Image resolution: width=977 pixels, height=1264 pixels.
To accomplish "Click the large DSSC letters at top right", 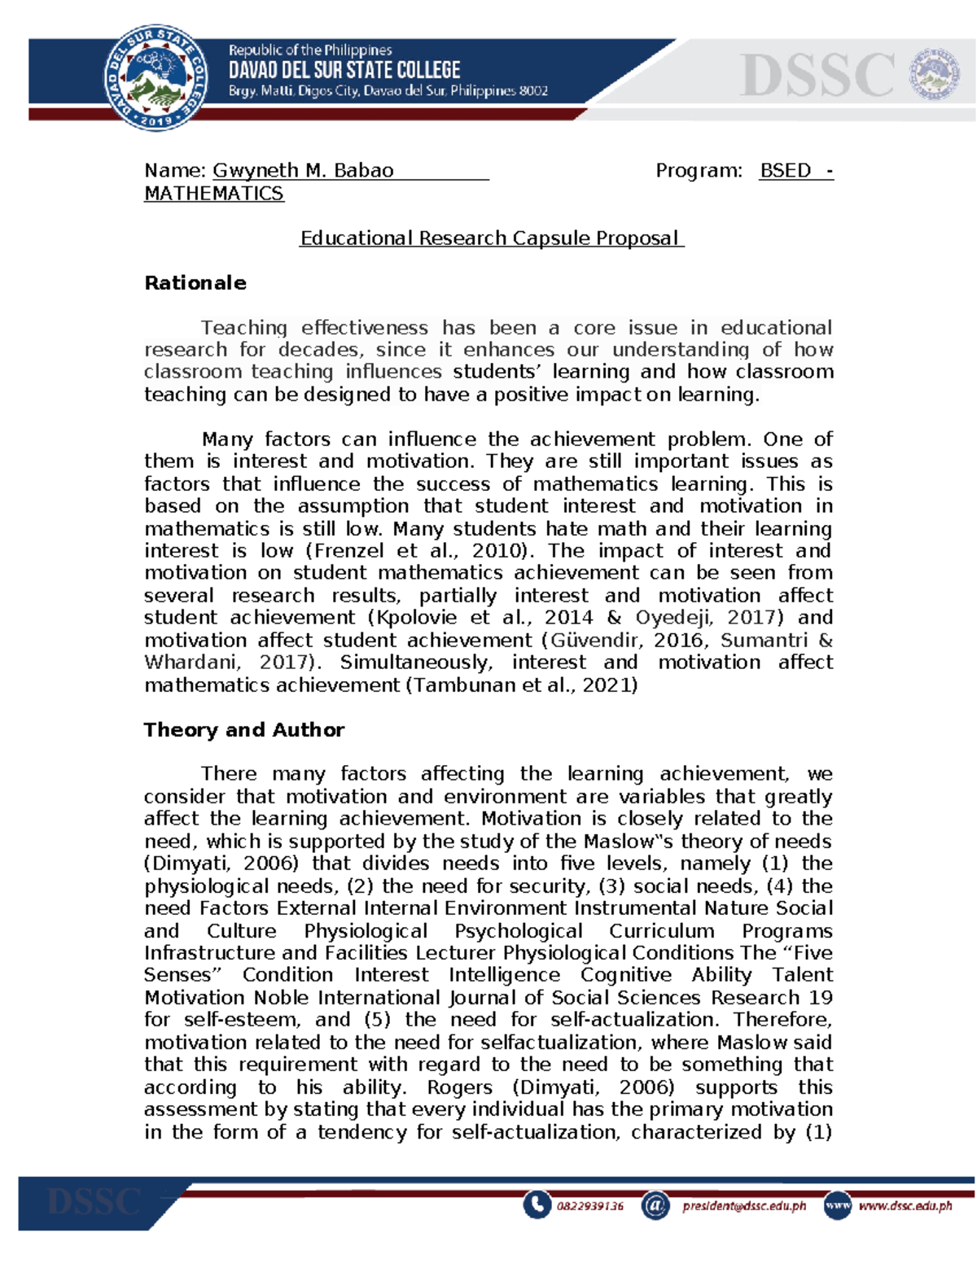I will (817, 76).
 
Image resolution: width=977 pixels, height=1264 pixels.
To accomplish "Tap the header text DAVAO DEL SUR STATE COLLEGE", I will (344, 70).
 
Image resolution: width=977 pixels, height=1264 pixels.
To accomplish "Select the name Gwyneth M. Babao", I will (303, 171).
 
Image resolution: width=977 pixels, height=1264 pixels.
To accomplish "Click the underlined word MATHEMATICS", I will (213, 194).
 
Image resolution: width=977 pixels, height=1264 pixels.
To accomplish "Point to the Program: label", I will (699, 171).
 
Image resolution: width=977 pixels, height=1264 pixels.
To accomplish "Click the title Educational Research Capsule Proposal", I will (491, 238).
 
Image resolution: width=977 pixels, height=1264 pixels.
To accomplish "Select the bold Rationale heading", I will (195, 283).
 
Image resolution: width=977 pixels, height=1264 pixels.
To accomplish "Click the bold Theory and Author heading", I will (243, 730).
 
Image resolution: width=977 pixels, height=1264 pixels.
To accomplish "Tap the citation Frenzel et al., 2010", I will (418, 551).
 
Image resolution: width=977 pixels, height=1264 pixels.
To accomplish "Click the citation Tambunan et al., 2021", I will (521, 685).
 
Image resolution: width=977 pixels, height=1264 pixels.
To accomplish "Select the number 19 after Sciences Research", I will (821, 998).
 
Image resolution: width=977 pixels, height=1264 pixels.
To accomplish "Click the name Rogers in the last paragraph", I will (459, 1087).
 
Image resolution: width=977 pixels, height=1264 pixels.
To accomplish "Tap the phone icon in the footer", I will (537, 1205).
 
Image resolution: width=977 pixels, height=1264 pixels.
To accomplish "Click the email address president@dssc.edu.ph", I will (743, 1206).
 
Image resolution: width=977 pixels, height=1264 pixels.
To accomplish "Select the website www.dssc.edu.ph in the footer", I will (905, 1206).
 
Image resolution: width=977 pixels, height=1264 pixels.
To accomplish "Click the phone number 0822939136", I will (590, 1206).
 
